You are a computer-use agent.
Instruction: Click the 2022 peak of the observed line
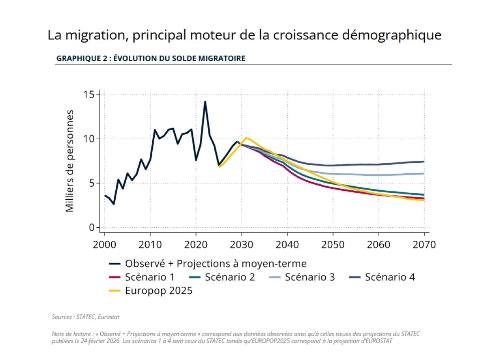click(205, 101)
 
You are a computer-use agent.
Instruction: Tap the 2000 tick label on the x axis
click(104, 245)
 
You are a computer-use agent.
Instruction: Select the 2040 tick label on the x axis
click(287, 245)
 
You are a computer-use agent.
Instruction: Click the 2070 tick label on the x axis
click(424, 245)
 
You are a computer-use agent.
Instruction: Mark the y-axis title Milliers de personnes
click(69, 161)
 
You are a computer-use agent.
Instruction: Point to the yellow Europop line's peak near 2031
click(246, 138)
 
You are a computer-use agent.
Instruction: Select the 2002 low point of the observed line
click(114, 204)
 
